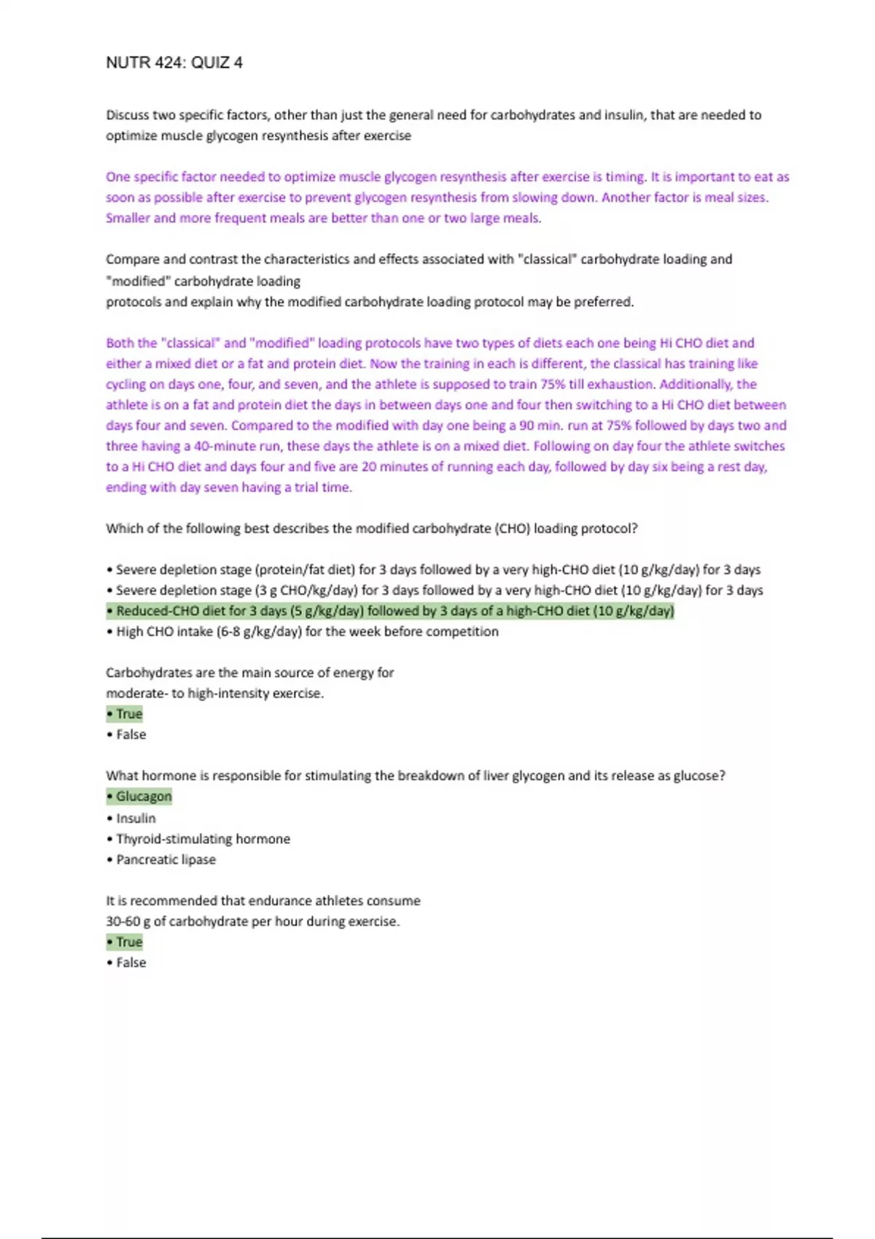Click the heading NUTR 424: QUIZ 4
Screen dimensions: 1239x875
click(x=174, y=63)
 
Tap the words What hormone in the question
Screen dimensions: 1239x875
click(x=148, y=775)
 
